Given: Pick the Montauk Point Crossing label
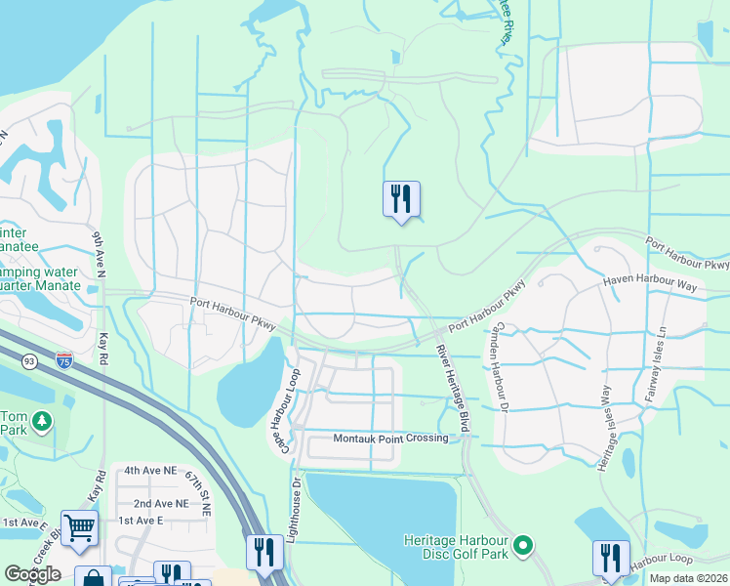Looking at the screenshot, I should coord(390,439).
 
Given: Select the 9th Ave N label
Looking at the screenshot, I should coord(98,254).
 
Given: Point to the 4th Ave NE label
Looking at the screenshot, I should coord(150,470).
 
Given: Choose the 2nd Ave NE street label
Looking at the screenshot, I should coord(161,503).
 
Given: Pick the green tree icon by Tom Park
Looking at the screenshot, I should coord(42,421).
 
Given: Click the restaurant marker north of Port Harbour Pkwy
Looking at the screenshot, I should coord(400,199).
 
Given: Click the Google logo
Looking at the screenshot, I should coord(32,574).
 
